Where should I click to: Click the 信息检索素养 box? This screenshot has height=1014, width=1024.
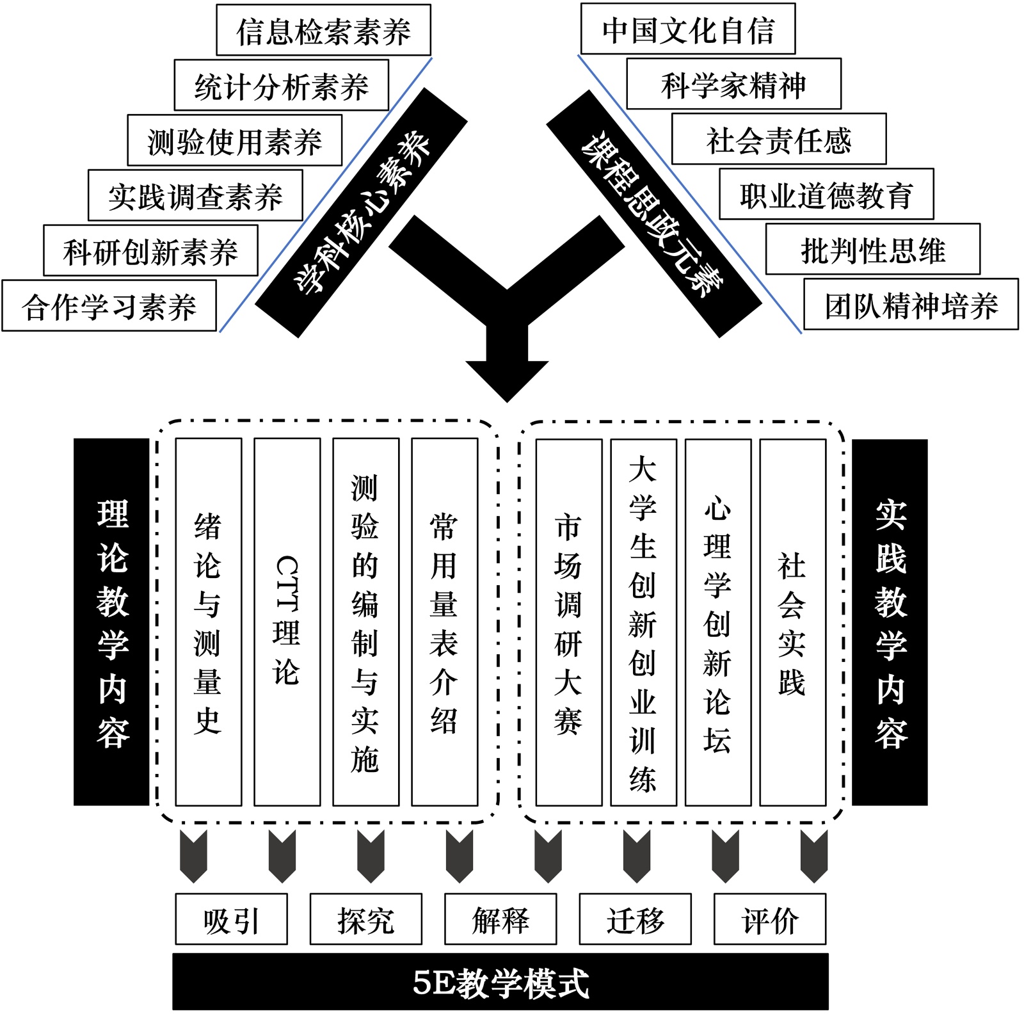323,30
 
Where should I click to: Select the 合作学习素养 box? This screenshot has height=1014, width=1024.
109,306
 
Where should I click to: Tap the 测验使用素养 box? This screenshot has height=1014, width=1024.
234,141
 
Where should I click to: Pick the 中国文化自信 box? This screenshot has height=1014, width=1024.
688,29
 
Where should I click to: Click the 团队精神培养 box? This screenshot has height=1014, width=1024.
911,305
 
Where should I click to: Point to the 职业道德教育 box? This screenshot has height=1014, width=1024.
826,195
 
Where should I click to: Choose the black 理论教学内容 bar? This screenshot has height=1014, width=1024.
112,622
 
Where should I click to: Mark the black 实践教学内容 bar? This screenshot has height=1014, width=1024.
890,622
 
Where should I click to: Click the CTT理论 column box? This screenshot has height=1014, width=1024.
287,622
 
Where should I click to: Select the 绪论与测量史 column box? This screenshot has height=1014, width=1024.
208,622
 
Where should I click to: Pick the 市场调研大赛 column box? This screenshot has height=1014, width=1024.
568,622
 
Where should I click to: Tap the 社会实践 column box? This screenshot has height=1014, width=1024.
792,622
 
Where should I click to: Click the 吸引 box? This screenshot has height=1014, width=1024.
231,919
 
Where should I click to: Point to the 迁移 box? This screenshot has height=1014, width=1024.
635,919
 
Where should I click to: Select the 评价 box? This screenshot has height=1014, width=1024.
769,919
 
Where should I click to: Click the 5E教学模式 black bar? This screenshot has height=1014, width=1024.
500,982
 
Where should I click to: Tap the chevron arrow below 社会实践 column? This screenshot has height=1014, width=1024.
813,857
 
